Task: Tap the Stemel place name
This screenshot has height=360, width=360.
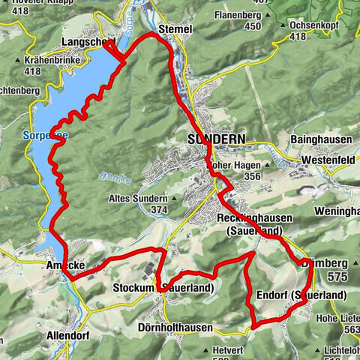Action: click(176, 28)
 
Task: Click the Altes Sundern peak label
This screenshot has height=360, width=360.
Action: click(139, 198)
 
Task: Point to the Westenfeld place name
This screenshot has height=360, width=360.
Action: click(328, 160)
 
